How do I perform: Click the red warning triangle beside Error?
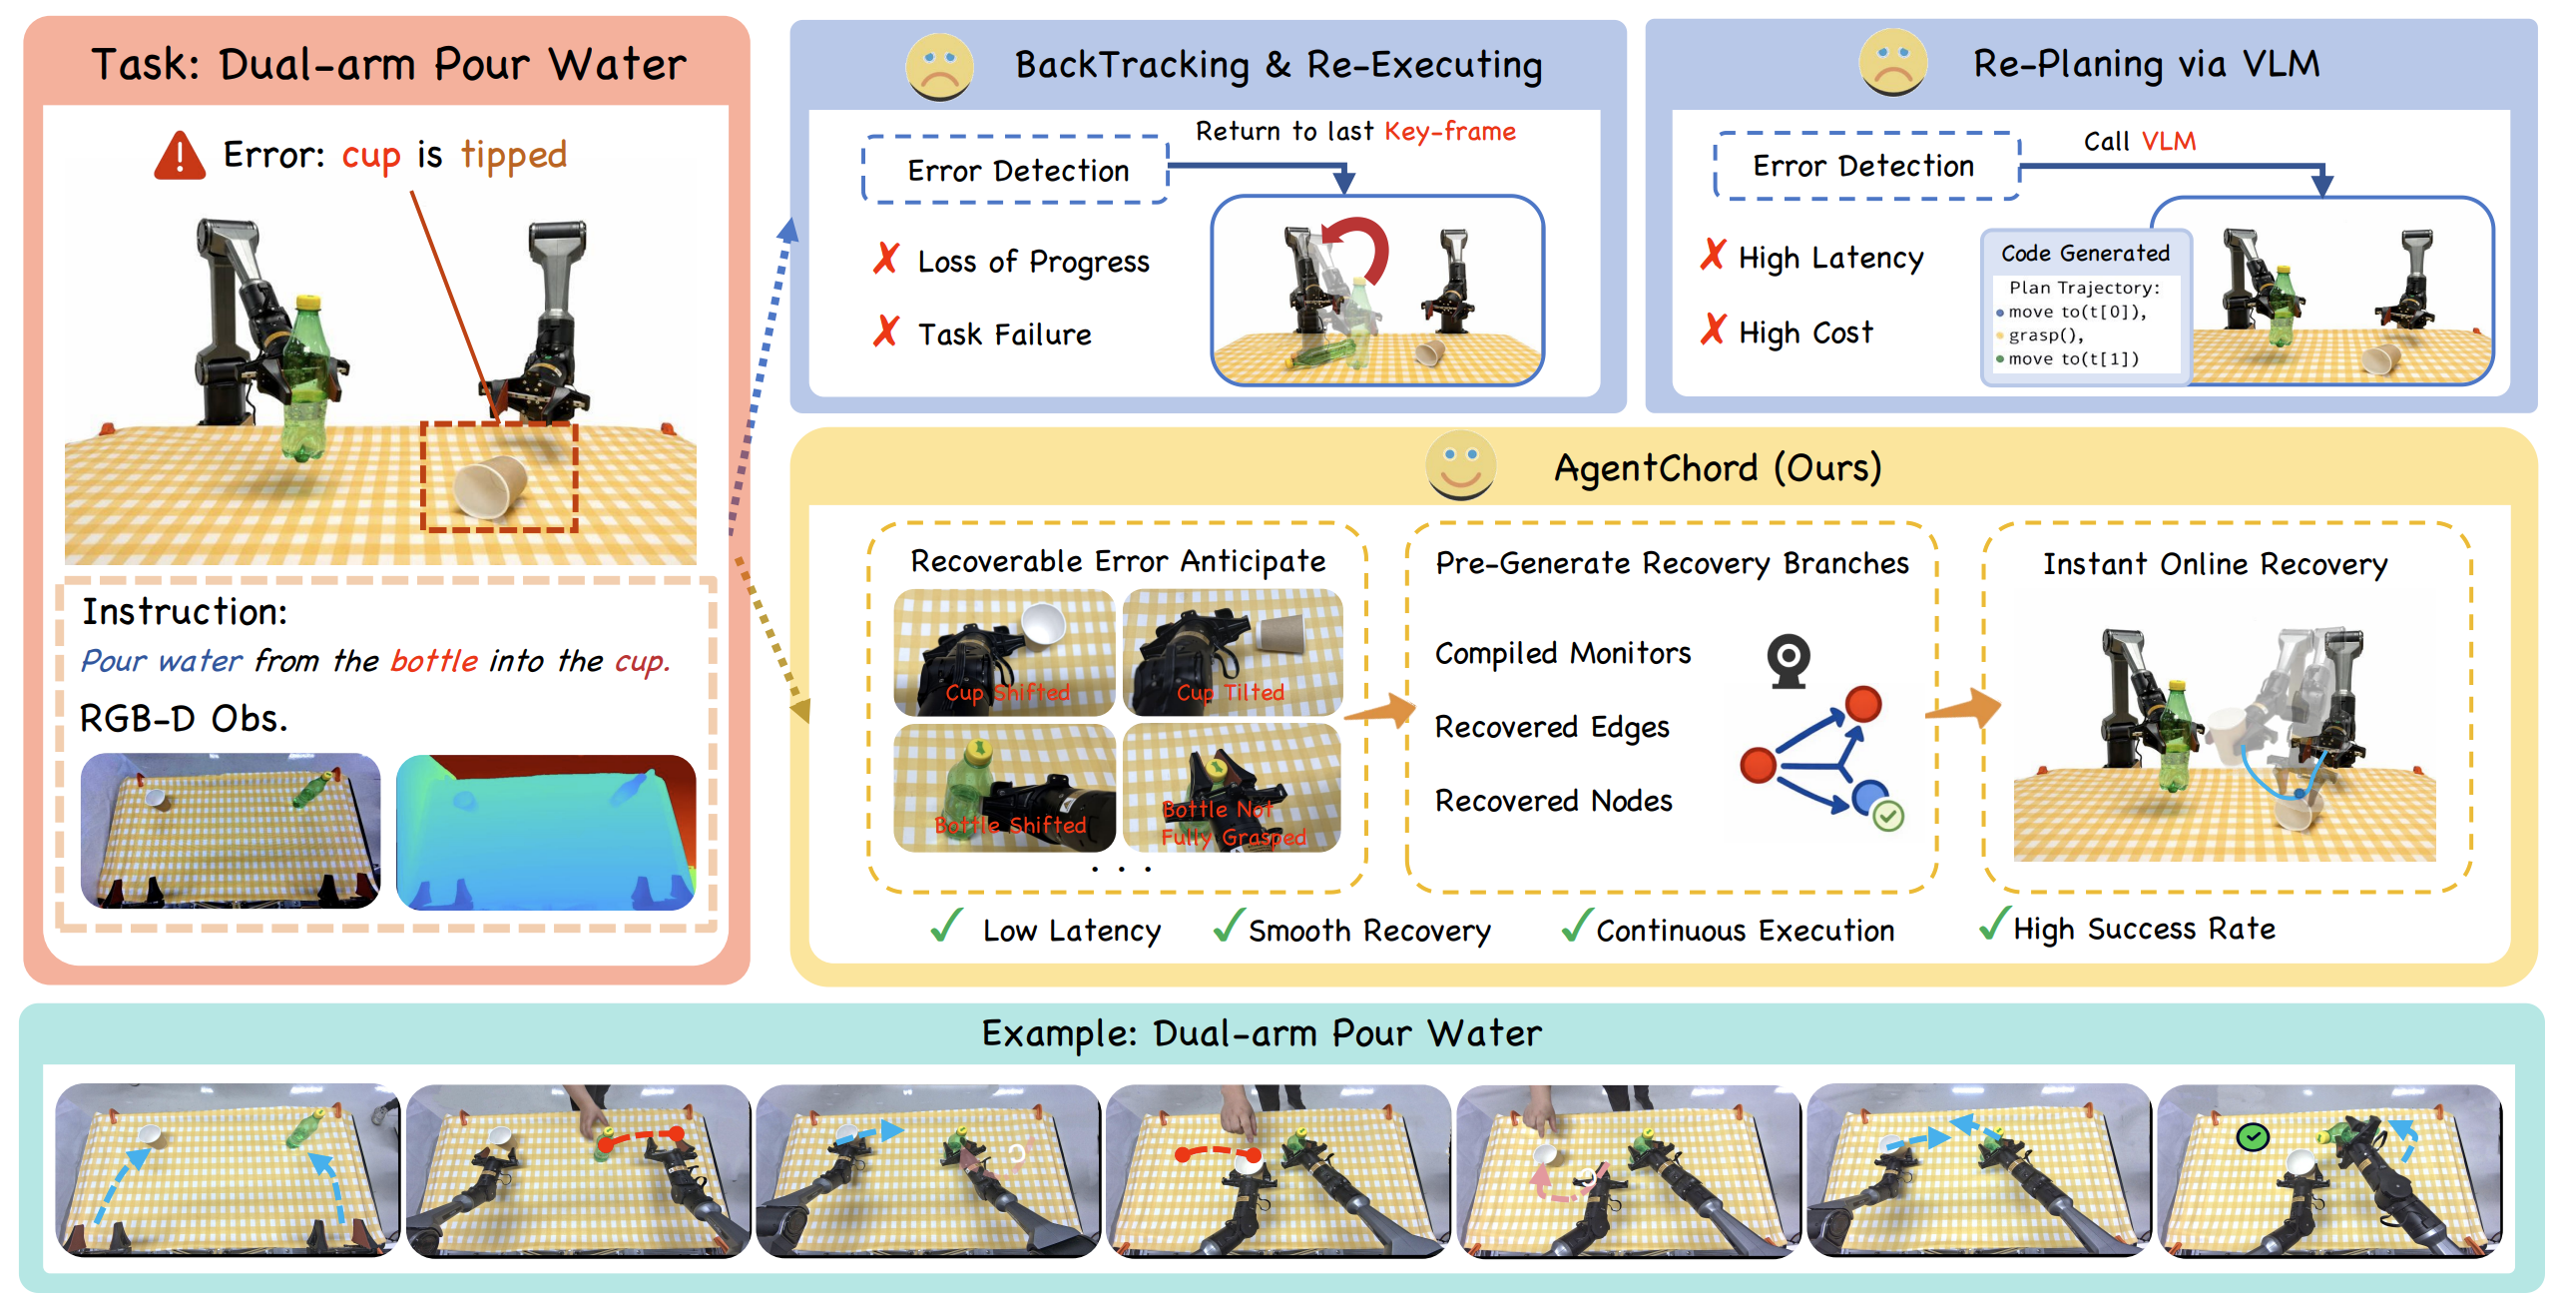(x=180, y=156)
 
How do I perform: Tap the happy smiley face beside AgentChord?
(x=1460, y=465)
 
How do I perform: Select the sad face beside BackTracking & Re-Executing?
(x=939, y=66)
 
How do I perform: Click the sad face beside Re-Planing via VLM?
(x=1893, y=62)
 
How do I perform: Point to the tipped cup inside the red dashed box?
(x=490, y=485)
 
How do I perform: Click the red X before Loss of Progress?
(x=886, y=259)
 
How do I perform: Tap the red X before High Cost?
(x=1713, y=328)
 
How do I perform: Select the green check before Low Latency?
(x=946, y=926)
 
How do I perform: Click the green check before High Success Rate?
(x=1994, y=924)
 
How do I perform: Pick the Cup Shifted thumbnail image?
(x=1004, y=652)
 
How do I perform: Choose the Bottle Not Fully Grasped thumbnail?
(x=1233, y=788)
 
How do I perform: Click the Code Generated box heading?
(x=2086, y=254)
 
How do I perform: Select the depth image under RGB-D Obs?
(x=546, y=832)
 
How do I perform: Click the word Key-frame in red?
(x=1450, y=132)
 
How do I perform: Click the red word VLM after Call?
(x=2169, y=142)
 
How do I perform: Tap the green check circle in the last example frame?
(x=2253, y=1136)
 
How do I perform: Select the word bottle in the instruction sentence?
(x=434, y=661)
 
